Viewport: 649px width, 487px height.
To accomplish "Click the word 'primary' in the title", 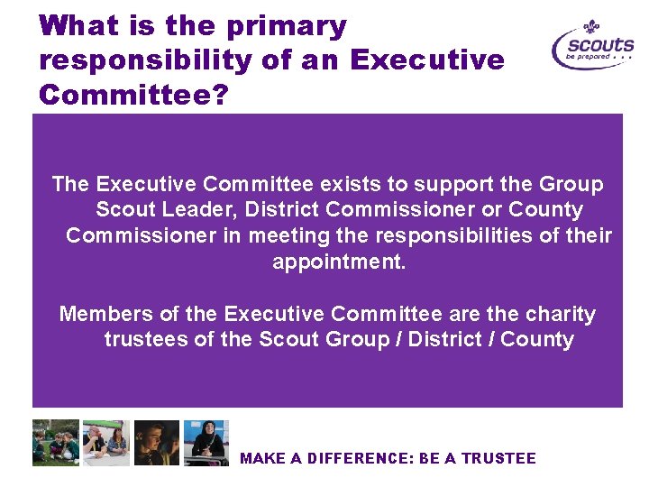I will pos(287,27).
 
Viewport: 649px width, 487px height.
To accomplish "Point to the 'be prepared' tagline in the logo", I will pos(588,56).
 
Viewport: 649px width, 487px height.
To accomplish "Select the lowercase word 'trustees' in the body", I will pos(145,339).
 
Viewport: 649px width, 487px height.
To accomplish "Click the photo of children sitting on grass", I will pos(56,443).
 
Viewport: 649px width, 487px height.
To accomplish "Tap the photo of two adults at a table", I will pos(106,443).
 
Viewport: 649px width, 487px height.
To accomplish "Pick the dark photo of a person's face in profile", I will pos(157,443).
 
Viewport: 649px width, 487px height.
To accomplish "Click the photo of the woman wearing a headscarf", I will pos(206,443).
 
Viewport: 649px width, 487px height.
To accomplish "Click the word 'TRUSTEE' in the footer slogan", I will pos(498,458).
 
